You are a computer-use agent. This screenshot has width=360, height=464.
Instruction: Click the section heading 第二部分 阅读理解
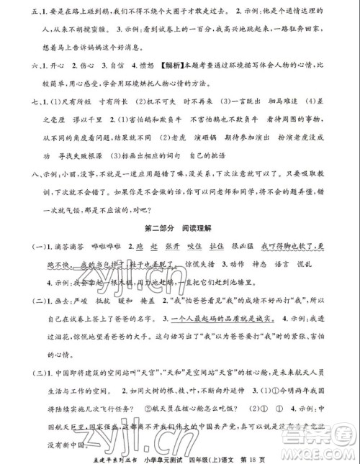point(179,230)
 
